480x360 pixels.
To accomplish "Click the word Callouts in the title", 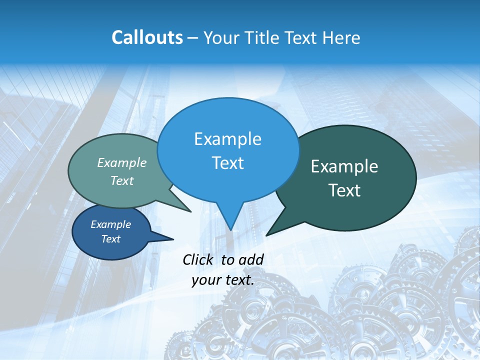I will coord(147,37).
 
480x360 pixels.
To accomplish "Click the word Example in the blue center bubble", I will coord(227,139).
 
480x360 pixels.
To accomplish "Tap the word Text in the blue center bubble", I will coord(227,163).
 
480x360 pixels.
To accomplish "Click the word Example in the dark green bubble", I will coord(344,166).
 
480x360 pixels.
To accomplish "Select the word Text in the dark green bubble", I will coord(344,190).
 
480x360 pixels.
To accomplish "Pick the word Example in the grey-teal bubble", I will coord(122,162).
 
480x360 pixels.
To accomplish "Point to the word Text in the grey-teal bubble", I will coord(122,180).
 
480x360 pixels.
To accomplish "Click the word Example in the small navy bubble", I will coord(110,224).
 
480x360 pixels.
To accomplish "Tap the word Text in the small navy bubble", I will coord(110,239).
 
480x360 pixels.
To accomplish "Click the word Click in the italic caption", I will coord(198,259).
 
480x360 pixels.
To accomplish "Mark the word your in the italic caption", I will coord(206,280).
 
